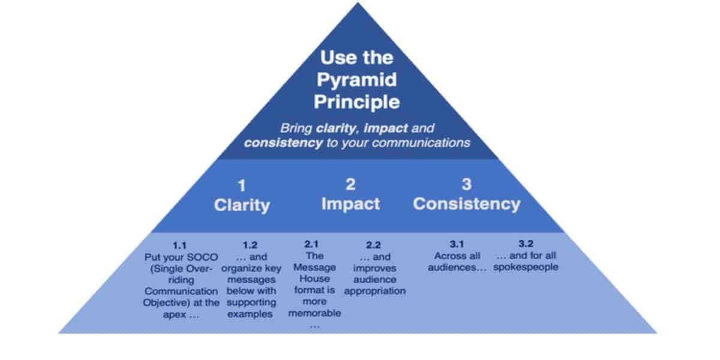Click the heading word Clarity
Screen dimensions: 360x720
tap(242, 205)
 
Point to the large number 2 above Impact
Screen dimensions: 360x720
tap(350, 185)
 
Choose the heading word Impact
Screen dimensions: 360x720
tap(350, 203)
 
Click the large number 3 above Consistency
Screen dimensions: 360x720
tap(466, 185)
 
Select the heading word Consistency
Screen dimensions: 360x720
tap(466, 203)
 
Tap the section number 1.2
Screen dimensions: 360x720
tap(250, 245)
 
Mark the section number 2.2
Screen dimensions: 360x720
tap(373, 245)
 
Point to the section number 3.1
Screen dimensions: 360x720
tap(457, 244)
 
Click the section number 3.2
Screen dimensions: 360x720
tap(526, 244)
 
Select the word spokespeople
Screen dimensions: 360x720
tap(526, 267)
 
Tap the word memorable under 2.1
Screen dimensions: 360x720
tap(314, 313)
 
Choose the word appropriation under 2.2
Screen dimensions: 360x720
tap(375, 291)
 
